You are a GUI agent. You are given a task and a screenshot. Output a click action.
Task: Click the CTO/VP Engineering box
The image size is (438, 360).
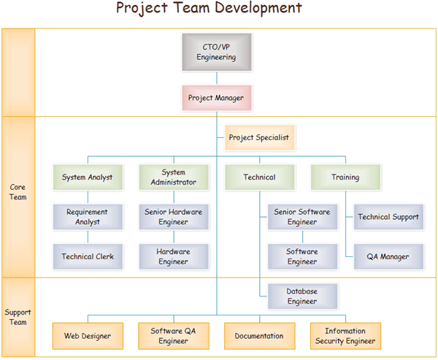click(x=216, y=52)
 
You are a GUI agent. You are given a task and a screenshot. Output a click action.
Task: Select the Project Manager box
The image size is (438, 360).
click(x=216, y=97)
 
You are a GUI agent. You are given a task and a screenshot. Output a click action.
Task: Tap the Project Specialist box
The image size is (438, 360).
click(x=258, y=137)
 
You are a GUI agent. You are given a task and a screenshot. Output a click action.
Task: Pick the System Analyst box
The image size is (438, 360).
click(x=88, y=177)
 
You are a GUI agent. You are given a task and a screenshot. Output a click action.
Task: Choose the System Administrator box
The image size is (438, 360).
click(x=174, y=177)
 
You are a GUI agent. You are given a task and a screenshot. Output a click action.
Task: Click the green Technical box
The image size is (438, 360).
click(x=259, y=177)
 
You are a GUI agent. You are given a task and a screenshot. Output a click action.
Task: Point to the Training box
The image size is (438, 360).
click(x=345, y=177)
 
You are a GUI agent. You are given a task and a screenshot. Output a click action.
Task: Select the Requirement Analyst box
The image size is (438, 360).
click(x=88, y=217)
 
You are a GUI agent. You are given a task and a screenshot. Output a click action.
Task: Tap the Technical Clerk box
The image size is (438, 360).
click(x=88, y=256)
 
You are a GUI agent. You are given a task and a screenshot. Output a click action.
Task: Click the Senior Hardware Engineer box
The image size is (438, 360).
click(x=174, y=217)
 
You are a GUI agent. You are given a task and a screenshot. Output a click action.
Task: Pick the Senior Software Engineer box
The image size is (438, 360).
click(x=302, y=217)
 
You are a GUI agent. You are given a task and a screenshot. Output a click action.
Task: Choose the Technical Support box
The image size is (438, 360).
click(x=388, y=217)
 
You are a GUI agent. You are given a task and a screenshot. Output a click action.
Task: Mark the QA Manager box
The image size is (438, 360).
click(x=388, y=256)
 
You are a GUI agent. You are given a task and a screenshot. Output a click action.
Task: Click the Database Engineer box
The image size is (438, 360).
click(x=302, y=296)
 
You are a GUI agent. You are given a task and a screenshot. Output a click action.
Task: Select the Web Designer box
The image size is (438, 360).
click(x=88, y=336)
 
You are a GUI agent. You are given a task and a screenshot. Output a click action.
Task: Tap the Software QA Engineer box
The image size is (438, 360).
click(x=174, y=336)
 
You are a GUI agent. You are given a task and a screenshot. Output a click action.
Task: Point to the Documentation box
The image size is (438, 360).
click(x=259, y=336)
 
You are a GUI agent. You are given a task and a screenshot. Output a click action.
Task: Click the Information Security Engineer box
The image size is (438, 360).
click(x=345, y=336)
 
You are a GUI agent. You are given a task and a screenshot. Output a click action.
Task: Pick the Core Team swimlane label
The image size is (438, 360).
click(x=18, y=192)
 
